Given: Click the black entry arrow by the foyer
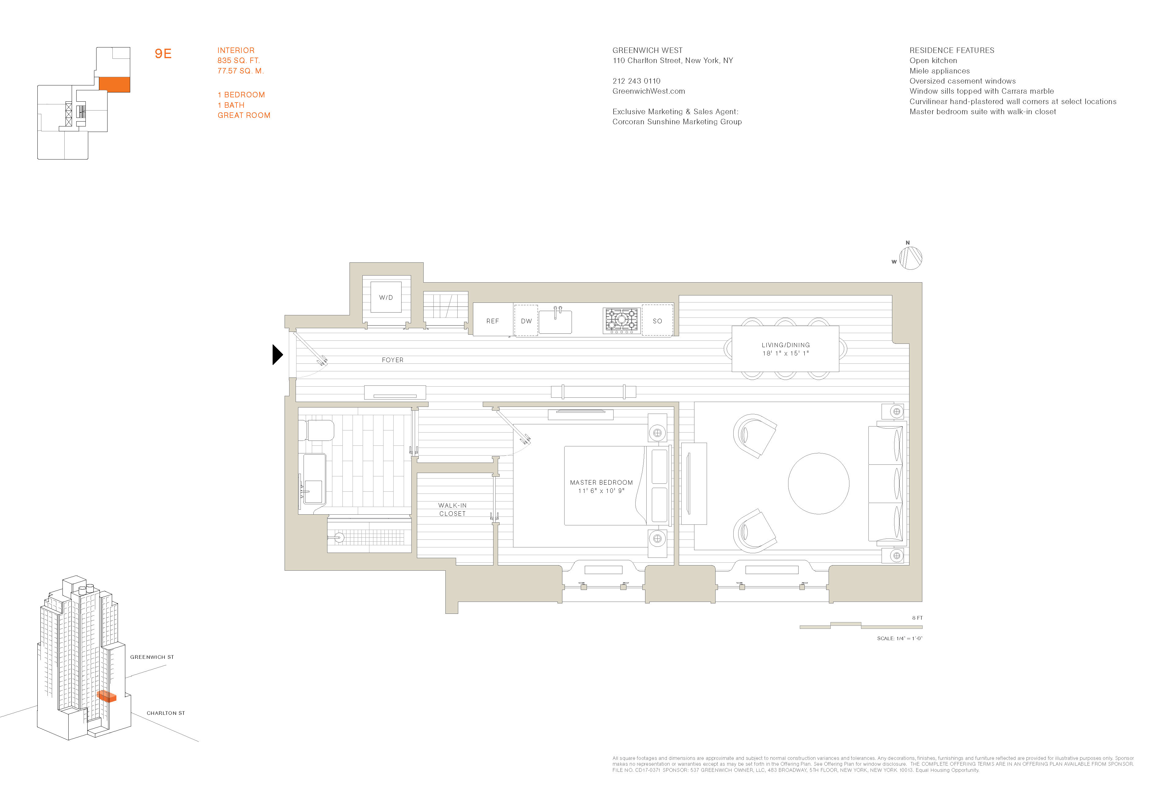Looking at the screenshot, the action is [277, 355].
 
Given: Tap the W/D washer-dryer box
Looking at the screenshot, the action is [386, 297].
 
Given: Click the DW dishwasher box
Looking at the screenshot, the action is [526, 321].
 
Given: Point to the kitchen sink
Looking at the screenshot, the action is [555, 321].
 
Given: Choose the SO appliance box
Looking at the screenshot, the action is [657, 321].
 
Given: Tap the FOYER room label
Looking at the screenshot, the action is [392, 360].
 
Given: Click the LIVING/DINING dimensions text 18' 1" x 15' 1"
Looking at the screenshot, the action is [785, 353].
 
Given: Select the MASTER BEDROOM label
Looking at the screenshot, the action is [601, 482].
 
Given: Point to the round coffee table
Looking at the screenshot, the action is [818, 484].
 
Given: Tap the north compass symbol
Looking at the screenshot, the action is [910, 258].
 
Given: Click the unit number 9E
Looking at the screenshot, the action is [163, 54].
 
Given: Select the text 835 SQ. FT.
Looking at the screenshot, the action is [238, 61].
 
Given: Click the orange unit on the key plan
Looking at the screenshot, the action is [114, 84].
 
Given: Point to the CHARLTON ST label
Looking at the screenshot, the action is [165, 713].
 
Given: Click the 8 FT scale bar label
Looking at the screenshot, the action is [917, 618].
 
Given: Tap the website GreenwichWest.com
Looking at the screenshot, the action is [648, 91].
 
